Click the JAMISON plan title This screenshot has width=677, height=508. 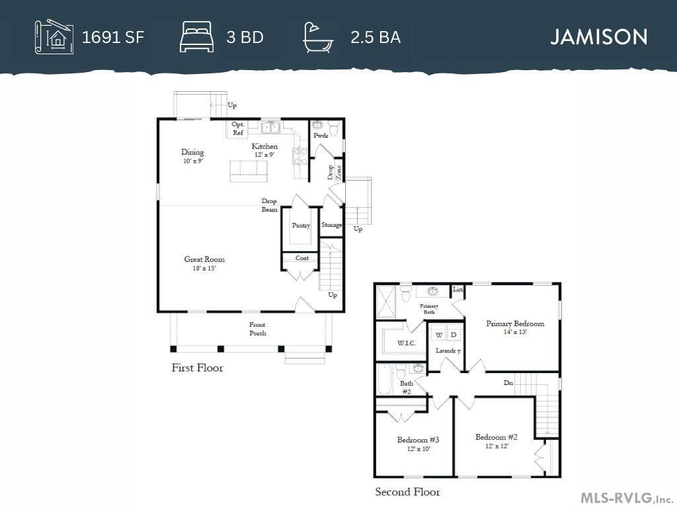point(599,37)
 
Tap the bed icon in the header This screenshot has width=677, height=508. point(197,37)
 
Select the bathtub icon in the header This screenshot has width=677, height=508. point(318,38)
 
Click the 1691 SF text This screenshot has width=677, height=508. point(112,37)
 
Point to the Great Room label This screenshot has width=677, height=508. point(204,259)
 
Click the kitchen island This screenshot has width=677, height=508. point(249,171)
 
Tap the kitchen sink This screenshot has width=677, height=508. point(270,127)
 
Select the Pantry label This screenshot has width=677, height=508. point(301,226)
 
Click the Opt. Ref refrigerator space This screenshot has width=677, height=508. point(238,129)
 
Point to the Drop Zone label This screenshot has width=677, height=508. point(335,172)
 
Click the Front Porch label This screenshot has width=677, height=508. point(257,329)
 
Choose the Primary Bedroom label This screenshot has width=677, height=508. point(515,323)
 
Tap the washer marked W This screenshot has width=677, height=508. point(439,335)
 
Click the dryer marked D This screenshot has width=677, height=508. point(454,335)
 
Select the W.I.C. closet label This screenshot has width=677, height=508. point(407,343)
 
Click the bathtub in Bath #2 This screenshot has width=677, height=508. point(384,380)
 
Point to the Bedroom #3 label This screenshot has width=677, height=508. point(418,440)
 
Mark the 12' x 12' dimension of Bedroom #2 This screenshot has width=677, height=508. point(497,446)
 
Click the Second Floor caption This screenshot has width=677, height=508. point(407,491)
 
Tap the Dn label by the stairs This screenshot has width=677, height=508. point(508,383)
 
